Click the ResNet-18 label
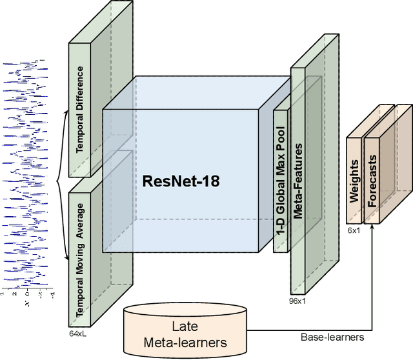tap(181, 181)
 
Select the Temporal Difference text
tap(79, 110)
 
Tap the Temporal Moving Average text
tap(79, 261)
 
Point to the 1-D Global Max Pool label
tap(281, 181)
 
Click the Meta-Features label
tap(298, 181)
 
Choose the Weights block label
tap(354, 181)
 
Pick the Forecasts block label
tap(372, 181)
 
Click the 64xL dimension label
tap(77, 334)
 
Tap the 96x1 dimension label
tap(297, 301)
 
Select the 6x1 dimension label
tap(354, 230)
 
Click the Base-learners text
tap(332, 337)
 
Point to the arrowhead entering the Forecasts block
tap(372, 226)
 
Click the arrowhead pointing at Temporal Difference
tap(66, 112)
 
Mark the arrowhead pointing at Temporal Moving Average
tap(67, 258)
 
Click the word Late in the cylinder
tap(185, 326)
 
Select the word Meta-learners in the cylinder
tap(185, 343)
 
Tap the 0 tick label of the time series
tap(27, 294)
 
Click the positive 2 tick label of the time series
tap(14, 294)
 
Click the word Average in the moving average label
tap(79, 221)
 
